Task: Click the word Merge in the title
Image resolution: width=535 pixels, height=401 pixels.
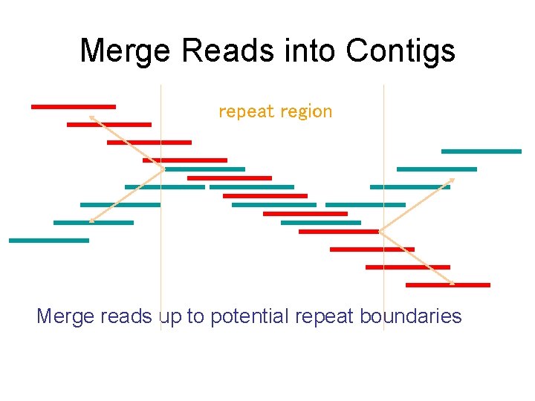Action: click(126, 51)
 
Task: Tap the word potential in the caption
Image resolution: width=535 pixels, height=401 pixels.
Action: click(249, 316)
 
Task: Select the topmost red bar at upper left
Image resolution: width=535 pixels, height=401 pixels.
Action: click(73, 107)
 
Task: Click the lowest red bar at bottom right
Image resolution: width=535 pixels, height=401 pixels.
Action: click(447, 284)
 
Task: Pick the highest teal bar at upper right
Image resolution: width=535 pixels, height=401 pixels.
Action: click(481, 151)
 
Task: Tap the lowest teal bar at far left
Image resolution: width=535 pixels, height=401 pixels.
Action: click(48, 241)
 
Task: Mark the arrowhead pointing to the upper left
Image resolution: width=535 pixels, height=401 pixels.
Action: click(91, 117)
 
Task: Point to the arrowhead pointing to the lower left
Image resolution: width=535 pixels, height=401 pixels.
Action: click(91, 220)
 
